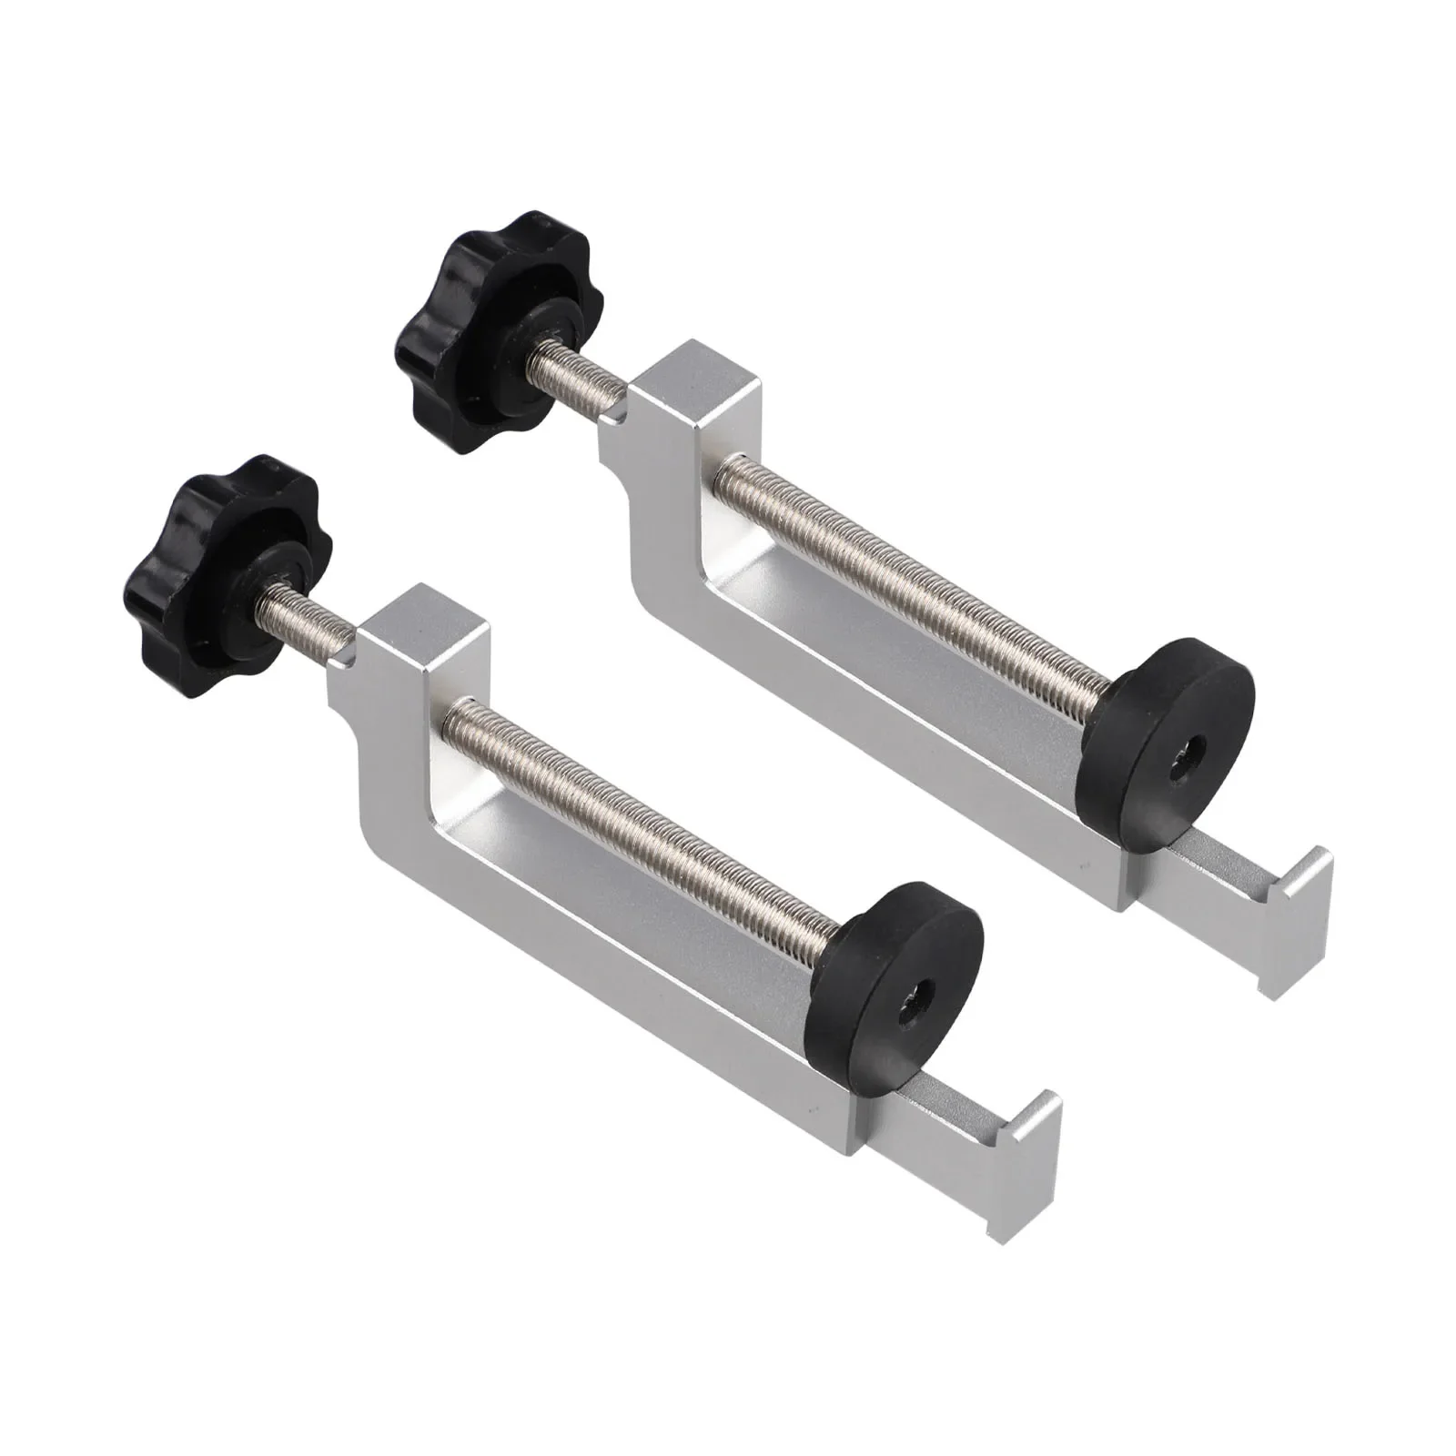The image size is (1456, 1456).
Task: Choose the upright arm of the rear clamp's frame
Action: [x=660, y=510]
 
